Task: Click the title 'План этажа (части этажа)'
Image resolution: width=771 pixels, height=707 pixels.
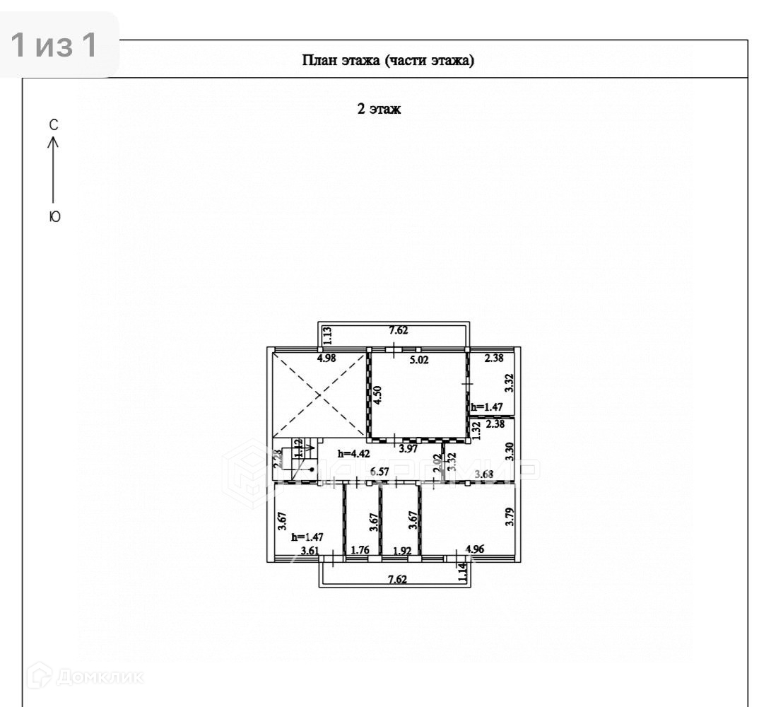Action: (388, 60)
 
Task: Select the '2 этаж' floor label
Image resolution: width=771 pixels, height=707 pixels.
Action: (379, 109)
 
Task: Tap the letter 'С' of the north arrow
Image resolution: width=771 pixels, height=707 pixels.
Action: (53, 125)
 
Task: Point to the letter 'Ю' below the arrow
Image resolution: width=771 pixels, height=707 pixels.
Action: (54, 218)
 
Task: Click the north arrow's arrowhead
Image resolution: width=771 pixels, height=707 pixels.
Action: (53, 141)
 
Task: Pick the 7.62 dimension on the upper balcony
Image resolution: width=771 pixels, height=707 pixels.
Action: (399, 329)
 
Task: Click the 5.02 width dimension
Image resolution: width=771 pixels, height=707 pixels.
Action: (420, 360)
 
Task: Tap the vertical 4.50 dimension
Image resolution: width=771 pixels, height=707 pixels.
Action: (379, 393)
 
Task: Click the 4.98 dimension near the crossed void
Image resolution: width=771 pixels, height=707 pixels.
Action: (326, 358)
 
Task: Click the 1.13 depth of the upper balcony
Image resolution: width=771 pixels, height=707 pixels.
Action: (326, 335)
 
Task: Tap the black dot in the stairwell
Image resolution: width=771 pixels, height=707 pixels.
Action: (312, 469)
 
